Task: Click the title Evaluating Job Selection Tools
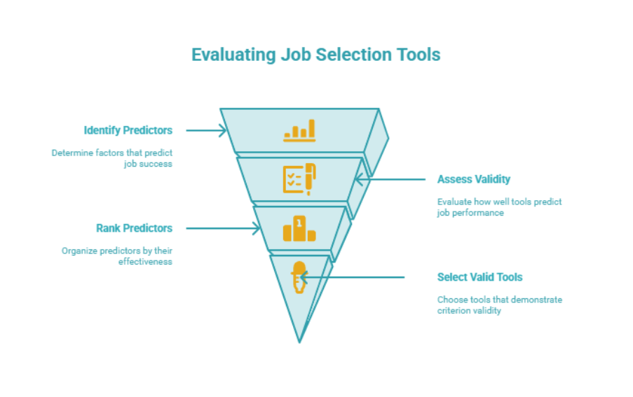(x=316, y=55)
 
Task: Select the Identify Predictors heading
(x=128, y=130)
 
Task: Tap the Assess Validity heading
(x=474, y=179)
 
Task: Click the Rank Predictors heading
(x=134, y=228)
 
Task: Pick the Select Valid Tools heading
(x=479, y=277)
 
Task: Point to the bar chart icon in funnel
(x=299, y=130)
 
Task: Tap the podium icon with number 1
(x=299, y=229)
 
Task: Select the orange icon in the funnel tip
(x=299, y=277)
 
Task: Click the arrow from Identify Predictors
(x=206, y=130)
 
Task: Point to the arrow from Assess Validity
(x=390, y=179)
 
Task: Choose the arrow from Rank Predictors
(x=223, y=228)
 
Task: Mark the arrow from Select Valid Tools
(x=353, y=277)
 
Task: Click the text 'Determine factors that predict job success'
(x=112, y=158)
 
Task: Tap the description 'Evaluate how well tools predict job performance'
(x=499, y=207)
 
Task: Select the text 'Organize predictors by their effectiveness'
(x=116, y=256)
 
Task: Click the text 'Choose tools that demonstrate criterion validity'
(x=499, y=305)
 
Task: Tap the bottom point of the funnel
(x=299, y=340)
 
